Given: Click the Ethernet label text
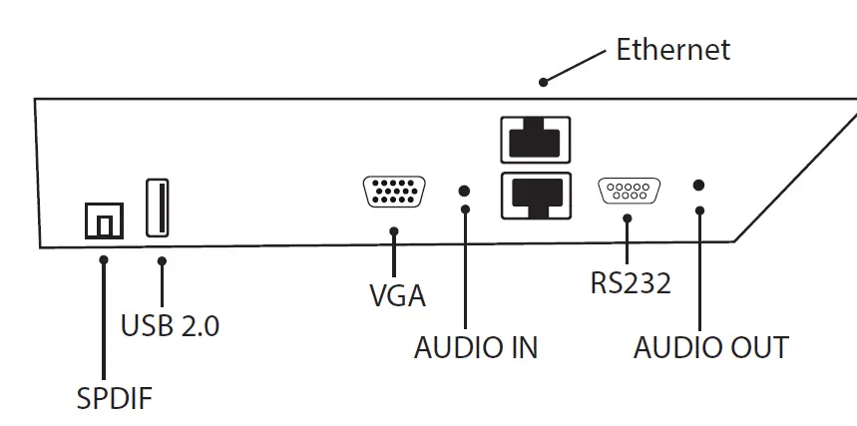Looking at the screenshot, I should coord(672,49).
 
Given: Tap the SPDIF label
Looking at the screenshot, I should coord(115,398).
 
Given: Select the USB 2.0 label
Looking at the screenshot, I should coord(170,325).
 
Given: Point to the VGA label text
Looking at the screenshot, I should coord(397,296).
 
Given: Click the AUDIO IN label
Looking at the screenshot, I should coord(476,347).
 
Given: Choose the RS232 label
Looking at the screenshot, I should coord(630,283).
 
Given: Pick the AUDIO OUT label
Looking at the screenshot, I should coord(710,347).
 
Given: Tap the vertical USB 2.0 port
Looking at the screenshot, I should coord(158,207).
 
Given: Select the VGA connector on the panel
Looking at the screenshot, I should coord(396,192).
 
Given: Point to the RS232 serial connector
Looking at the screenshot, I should coord(629,191).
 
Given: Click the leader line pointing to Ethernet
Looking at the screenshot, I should coord(574,67).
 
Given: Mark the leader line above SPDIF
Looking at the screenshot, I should coord(104,319).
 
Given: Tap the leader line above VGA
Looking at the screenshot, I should coord(395,253).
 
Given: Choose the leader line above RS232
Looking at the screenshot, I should coord(628,241).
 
